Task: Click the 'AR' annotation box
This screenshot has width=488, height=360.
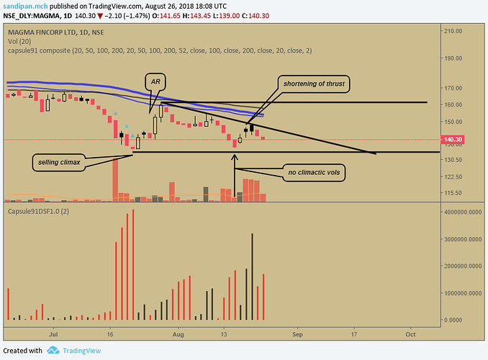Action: coord(154,81)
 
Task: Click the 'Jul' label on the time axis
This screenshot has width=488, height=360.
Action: coord(53,335)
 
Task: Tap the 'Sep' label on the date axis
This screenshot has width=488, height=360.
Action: coord(297,335)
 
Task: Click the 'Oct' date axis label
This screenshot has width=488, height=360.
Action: coord(410,335)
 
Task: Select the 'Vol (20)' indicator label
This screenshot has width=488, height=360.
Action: coord(19,41)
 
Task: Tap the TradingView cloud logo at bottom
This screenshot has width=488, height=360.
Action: coord(53,351)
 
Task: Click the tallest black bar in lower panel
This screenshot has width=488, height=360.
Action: coord(252,276)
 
